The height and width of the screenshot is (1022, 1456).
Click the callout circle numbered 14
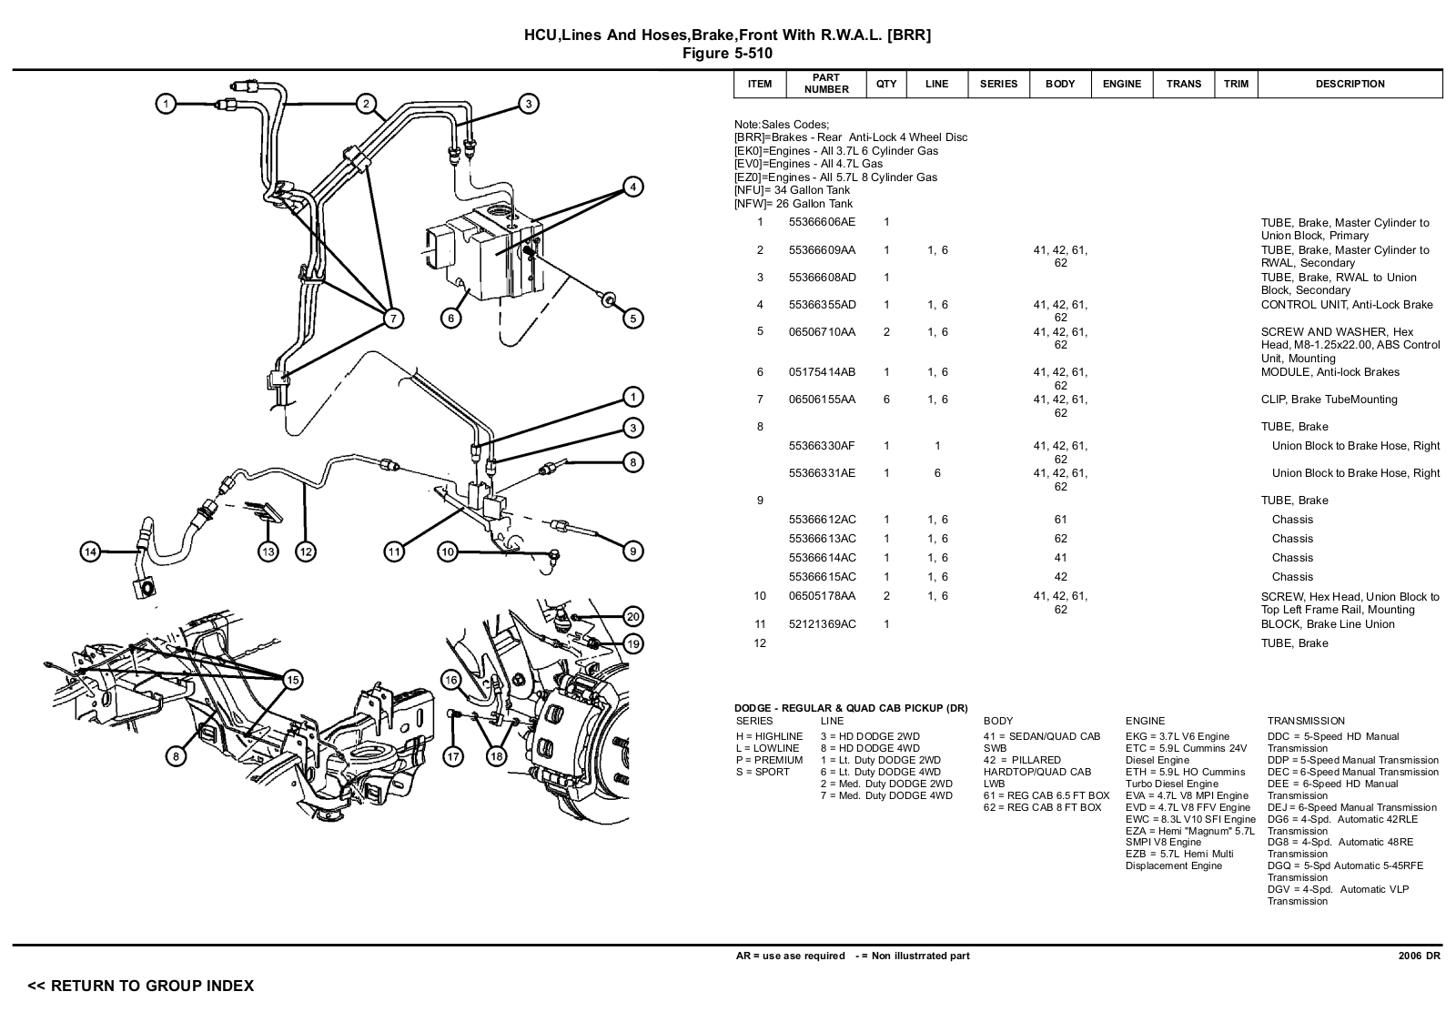click(90, 552)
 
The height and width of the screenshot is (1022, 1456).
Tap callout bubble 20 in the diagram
click(633, 616)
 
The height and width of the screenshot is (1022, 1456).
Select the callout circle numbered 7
click(392, 318)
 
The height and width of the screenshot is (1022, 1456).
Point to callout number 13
click(268, 552)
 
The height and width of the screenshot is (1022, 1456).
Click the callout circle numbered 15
click(293, 680)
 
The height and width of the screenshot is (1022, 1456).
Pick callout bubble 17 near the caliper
click(453, 756)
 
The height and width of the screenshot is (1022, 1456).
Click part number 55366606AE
click(822, 222)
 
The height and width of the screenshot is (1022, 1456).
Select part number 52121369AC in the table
click(823, 624)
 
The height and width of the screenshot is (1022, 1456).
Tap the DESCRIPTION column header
click(1350, 84)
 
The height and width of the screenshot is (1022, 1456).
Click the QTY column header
click(886, 84)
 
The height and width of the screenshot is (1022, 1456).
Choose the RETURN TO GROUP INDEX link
click(140, 987)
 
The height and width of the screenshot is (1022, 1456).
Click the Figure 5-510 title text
click(727, 54)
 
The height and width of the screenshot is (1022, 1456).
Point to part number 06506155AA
click(822, 400)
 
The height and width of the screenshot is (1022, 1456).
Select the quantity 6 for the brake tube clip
click(886, 400)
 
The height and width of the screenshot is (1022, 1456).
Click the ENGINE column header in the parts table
click(1121, 84)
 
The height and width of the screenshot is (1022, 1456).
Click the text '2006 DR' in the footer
click(1420, 956)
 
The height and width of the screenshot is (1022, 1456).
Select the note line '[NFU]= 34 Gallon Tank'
click(792, 190)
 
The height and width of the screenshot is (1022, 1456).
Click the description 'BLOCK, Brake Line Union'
click(1328, 624)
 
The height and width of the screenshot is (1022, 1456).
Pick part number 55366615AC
click(823, 577)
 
